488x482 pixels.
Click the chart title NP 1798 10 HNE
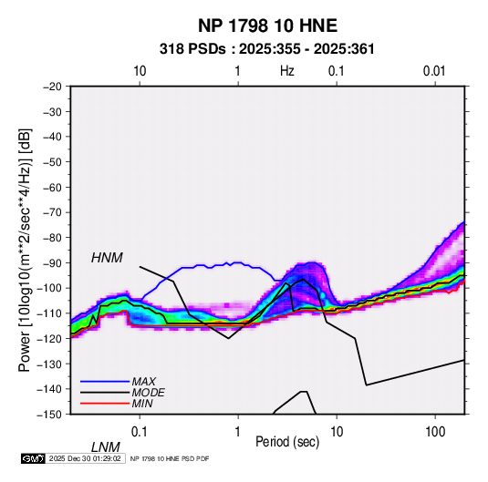(x=267, y=26)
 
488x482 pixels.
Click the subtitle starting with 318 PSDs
(x=266, y=49)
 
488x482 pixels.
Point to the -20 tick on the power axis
(x=52, y=87)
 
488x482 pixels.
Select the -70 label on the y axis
(x=52, y=212)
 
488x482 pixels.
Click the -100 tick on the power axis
(x=49, y=288)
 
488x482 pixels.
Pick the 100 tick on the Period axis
(x=435, y=432)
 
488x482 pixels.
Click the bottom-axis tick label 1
(x=238, y=432)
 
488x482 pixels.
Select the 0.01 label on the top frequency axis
(x=434, y=71)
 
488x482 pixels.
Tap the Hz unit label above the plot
(x=287, y=71)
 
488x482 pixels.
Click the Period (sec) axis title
(x=287, y=442)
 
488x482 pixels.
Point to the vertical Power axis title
(x=25, y=250)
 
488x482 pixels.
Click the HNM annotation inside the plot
(x=107, y=258)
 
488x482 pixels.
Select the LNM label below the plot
(x=106, y=447)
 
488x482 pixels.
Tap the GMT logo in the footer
(x=33, y=458)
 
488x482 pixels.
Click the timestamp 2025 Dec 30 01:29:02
(x=85, y=458)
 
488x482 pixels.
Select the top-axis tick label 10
(x=140, y=71)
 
